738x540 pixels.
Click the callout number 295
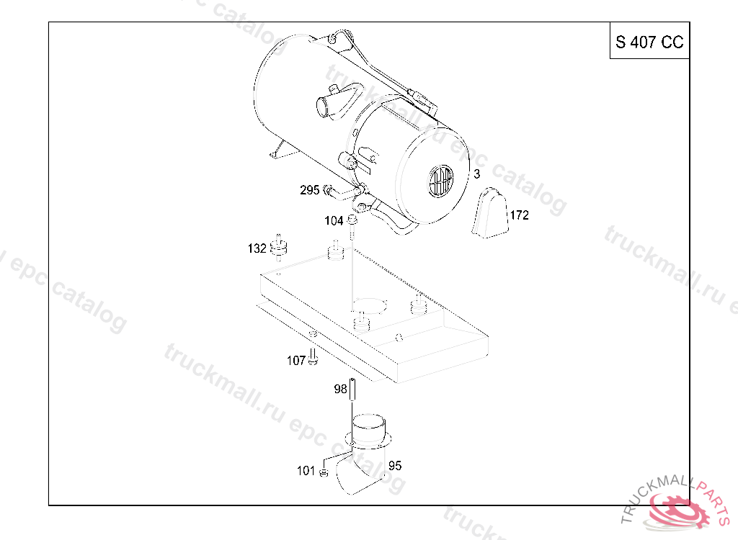309,190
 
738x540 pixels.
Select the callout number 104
334,220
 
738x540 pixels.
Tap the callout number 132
257,248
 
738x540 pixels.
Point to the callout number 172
520,215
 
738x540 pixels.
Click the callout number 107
296,360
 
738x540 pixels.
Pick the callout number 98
340,389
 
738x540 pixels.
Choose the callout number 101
306,470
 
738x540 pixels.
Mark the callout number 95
395,466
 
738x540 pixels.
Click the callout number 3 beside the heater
477,174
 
